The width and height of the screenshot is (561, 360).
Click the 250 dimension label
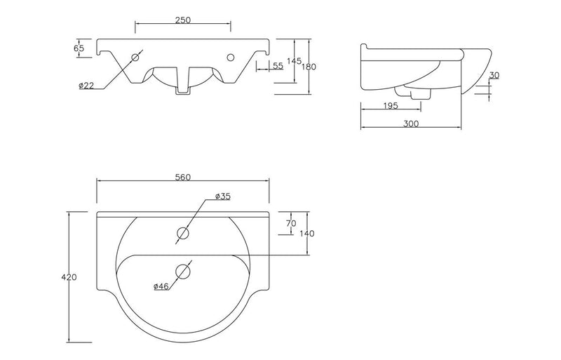tap(183, 20)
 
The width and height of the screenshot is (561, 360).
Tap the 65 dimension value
tap(79, 48)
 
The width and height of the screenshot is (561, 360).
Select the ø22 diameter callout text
tap(86, 86)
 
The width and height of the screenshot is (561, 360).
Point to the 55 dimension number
tap(277, 65)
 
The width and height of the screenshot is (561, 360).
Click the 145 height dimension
tap(293, 61)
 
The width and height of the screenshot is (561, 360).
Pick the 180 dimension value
tap(309, 67)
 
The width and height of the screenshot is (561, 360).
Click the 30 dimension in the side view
tap(494, 75)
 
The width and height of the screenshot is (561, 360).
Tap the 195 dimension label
tap(391, 105)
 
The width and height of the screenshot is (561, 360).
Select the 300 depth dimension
tap(411, 124)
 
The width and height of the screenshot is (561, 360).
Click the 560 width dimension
tap(183, 177)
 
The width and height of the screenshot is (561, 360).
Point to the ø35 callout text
tap(222, 196)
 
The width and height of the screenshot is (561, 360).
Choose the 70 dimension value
tap(292, 223)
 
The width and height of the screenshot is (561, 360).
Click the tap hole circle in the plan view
tap(184, 233)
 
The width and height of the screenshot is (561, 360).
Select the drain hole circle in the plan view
tap(184, 270)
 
